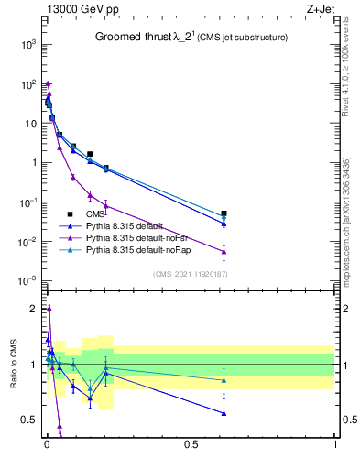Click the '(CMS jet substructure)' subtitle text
click(x=239, y=38)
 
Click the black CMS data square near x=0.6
click(x=224, y=213)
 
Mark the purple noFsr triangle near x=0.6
click(x=224, y=251)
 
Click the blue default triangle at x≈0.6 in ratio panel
click(x=224, y=413)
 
